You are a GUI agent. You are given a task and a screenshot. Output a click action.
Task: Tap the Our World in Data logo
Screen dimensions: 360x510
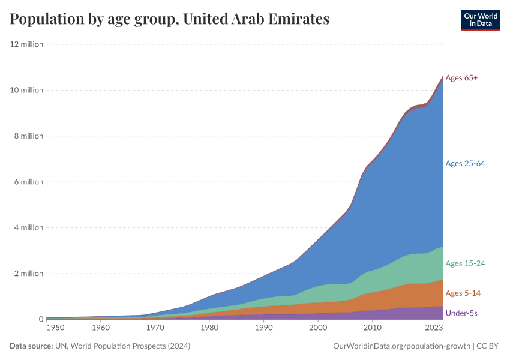click(x=481, y=20)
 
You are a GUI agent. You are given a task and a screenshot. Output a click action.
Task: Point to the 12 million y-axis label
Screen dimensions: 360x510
click(x=26, y=44)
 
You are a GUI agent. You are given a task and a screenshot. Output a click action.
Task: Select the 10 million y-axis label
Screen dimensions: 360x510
click(x=26, y=90)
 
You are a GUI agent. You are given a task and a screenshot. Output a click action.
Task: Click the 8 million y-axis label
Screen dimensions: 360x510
click(x=28, y=136)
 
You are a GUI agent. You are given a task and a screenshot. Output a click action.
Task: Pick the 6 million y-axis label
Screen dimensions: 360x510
click(x=28, y=182)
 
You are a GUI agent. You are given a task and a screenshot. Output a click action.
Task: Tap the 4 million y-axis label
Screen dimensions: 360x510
click(x=28, y=228)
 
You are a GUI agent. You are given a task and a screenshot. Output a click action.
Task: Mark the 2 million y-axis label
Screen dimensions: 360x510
click(x=28, y=274)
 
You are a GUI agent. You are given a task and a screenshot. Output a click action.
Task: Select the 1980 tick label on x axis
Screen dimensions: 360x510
click(x=209, y=328)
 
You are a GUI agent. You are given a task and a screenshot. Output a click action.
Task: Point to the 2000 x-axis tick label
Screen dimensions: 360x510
click(x=318, y=328)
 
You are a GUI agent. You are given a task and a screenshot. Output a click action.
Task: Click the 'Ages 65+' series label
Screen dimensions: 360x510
click(x=461, y=78)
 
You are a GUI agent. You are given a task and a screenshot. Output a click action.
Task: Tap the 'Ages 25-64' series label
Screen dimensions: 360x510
click(x=465, y=164)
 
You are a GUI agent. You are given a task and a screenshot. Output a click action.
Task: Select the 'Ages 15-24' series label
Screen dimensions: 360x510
click(x=465, y=263)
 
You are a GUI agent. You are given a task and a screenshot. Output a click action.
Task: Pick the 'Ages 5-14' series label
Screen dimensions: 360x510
click(x=463, y=293)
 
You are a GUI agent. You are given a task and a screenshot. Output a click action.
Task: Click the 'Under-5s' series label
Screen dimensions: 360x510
click(x=461, y=313)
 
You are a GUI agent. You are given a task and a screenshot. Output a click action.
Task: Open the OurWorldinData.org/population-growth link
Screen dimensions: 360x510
click(x=401, y=346)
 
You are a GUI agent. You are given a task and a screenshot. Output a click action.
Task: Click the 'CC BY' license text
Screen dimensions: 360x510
click(x=488, y=346)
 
